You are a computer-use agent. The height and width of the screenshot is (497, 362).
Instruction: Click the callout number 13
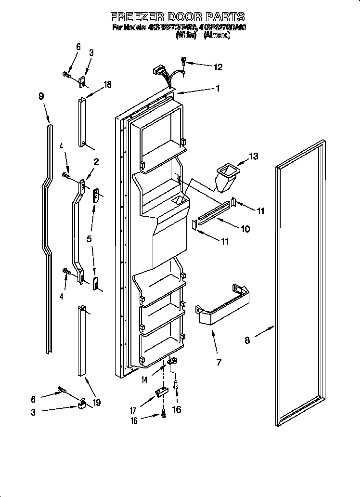click(x=253, y=156)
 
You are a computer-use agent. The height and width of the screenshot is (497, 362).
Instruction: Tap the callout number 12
click(x=218, y=67)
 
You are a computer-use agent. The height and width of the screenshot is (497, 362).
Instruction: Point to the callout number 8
click(x=247, y=340)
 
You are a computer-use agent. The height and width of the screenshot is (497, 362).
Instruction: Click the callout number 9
click(x=41, y=96)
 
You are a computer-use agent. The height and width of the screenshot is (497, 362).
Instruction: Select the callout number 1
click(x=218, y=88)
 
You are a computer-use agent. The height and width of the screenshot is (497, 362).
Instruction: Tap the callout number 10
click(x=245, y=229)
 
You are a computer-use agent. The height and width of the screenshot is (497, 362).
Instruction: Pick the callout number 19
click(x=97, y=403)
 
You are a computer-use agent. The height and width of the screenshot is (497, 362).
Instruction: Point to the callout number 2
click(x=96, y=162)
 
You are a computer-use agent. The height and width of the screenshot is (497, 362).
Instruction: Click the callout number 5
click(x=90, y=238)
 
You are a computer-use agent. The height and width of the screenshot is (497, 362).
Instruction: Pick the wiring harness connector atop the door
click(x=157, y=73)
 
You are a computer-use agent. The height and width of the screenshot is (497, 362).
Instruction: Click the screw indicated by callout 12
click(x=184, y=62)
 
